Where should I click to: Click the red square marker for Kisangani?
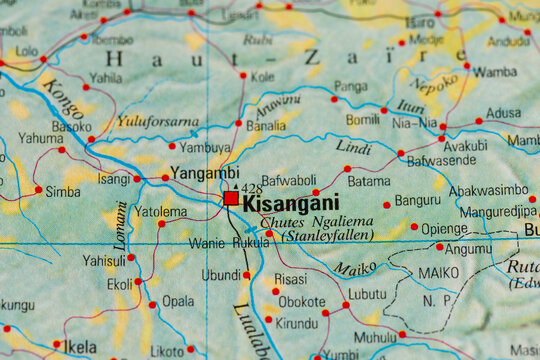(231, 199)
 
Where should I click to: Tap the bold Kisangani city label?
(291, 202)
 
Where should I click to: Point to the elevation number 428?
(251, 188)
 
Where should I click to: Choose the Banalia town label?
(265, 127)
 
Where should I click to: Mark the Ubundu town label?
(221, 275)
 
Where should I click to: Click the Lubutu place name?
(367, 294)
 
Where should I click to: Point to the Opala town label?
(178, 300)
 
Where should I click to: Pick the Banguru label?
(417, 200)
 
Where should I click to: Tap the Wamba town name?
(495, 72)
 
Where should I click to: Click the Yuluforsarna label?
(157, 122)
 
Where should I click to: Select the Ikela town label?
(80, 347)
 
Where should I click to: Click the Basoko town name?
(71, 128)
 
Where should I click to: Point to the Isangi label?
(113, 179)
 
